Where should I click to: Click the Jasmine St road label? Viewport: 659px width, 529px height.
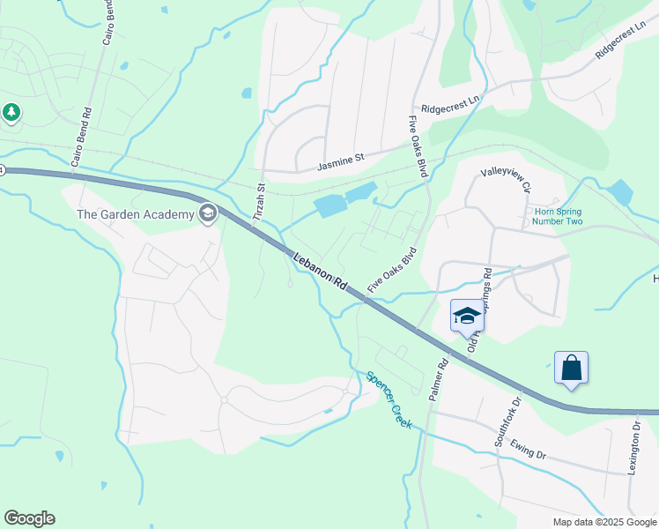(x=341, y=160)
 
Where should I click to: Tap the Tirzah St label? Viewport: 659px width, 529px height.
(x=259, y=205)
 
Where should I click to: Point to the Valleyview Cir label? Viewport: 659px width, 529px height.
(x=506, y=180)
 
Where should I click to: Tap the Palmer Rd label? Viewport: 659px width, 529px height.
(x=438, y=379)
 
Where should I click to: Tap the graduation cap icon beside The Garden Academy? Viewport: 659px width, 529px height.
(x=208, y=212)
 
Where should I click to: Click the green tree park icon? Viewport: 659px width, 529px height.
(x=11, y=113)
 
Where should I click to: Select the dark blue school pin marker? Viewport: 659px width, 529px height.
(x=466, y=317)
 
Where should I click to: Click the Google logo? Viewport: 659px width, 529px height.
(x=29, y=518)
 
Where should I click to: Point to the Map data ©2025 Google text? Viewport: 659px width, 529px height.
(x=603, y=522)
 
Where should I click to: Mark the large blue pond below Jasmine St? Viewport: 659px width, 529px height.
(x=330, y=206)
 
